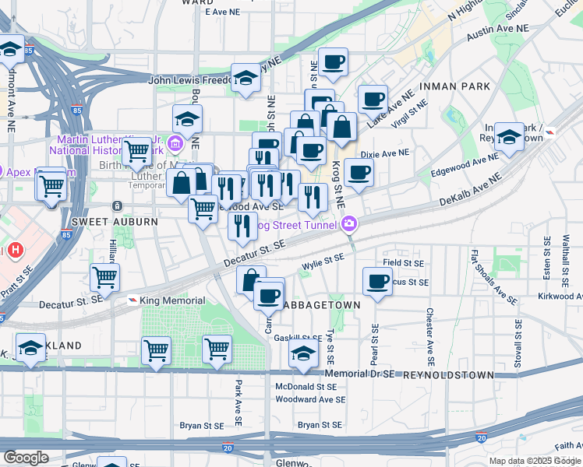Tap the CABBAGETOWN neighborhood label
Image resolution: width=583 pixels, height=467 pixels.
320,305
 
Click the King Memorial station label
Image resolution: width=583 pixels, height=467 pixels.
172,300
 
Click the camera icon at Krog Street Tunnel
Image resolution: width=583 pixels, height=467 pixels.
348,225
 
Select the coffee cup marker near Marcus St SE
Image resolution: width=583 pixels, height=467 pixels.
378,281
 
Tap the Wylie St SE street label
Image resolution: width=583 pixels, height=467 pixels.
323,263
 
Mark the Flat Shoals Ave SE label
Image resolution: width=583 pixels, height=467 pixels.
493,276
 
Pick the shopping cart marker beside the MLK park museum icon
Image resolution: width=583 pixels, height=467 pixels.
137,149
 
